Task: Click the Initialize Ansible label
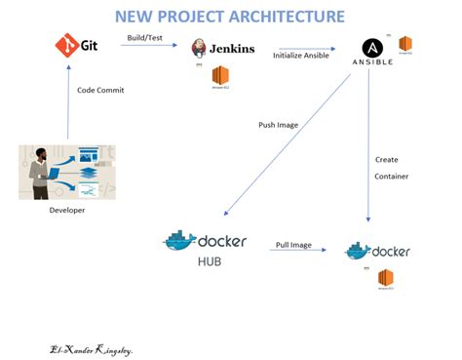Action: point(299,56)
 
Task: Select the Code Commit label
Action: point(100,91)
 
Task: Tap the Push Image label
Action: point(281,126)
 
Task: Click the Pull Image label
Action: point(293,244)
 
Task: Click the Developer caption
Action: point(67,210)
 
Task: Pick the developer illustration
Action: point(67,172)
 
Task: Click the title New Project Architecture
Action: point(229,17)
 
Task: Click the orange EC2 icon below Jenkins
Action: point(220,76)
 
